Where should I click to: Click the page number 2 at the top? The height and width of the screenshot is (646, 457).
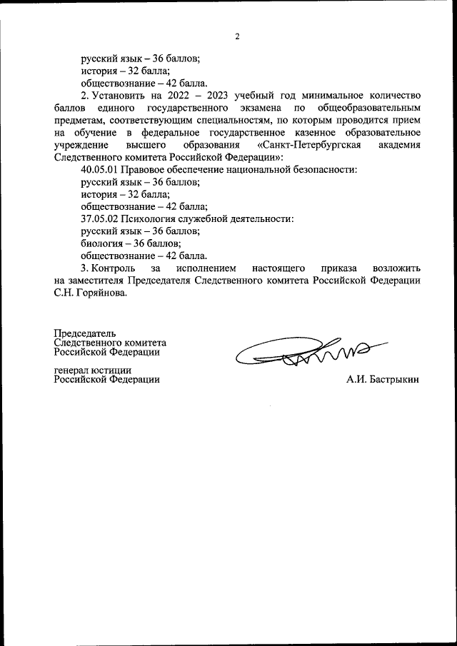pyautogui.click(x=236, y=37)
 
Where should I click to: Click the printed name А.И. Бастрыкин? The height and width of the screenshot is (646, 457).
pyautogui.click(x=382, y=379)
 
